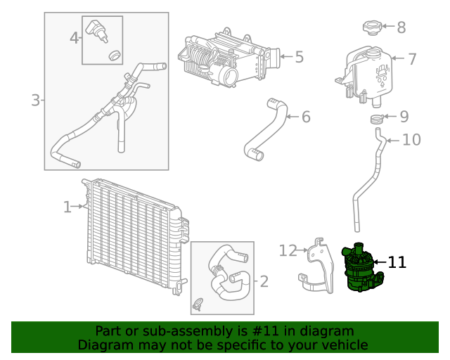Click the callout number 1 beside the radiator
tap(67, 207)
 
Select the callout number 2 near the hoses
tap(264, 282)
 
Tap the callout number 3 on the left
tap(35, 101)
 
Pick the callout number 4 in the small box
tap(75, 37)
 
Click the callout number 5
tap(299, 56)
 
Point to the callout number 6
tap(306, 116)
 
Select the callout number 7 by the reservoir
tap(412, 59)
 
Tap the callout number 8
tap(401, 27)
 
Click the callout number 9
tap(404, 116)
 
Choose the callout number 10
tap(411, 140)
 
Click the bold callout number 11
tap(397, 262)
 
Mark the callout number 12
tap(288, 250)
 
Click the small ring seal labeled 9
tap(378, 118)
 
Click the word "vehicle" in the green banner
tap(344, 345)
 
